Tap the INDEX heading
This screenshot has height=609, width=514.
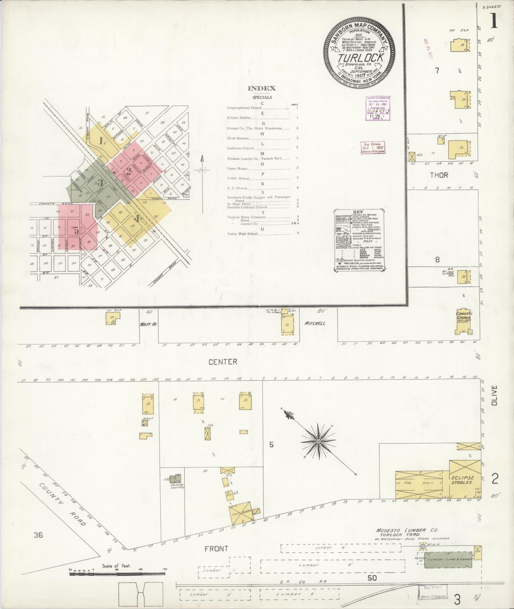262,89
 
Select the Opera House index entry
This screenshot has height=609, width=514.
237,168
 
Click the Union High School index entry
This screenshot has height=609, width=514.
243,234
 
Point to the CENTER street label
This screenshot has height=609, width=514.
223,362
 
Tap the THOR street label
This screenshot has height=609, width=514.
439,175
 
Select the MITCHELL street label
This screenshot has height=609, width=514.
315,323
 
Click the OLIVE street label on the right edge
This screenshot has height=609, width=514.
494,395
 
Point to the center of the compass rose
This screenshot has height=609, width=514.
318,442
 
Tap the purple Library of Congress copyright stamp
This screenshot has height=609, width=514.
378,108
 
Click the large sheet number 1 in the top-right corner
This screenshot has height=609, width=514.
494,21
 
